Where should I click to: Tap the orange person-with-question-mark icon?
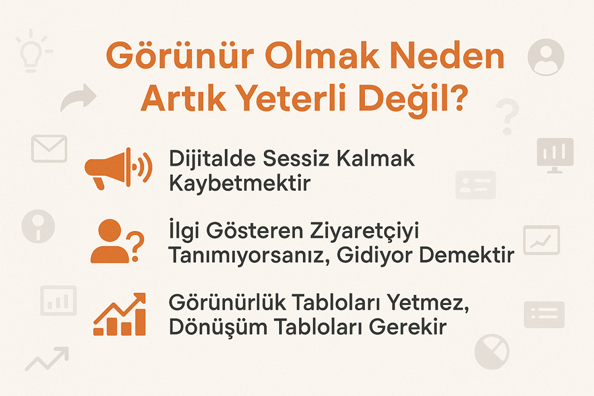point(117,241)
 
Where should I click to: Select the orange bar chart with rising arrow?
point(119,314)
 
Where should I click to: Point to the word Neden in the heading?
point(447,55)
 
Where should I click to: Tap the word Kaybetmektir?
point(240,183)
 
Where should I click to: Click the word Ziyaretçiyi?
point(364,232)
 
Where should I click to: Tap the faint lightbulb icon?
point(32,51)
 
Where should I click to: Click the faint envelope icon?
point(49,149)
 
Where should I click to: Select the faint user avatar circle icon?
point(546,57)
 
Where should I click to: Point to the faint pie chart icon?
point(492,351)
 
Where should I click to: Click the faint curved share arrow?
point(78,98)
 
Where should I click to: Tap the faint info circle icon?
point(38,226)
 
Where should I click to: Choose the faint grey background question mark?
point(508,116)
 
